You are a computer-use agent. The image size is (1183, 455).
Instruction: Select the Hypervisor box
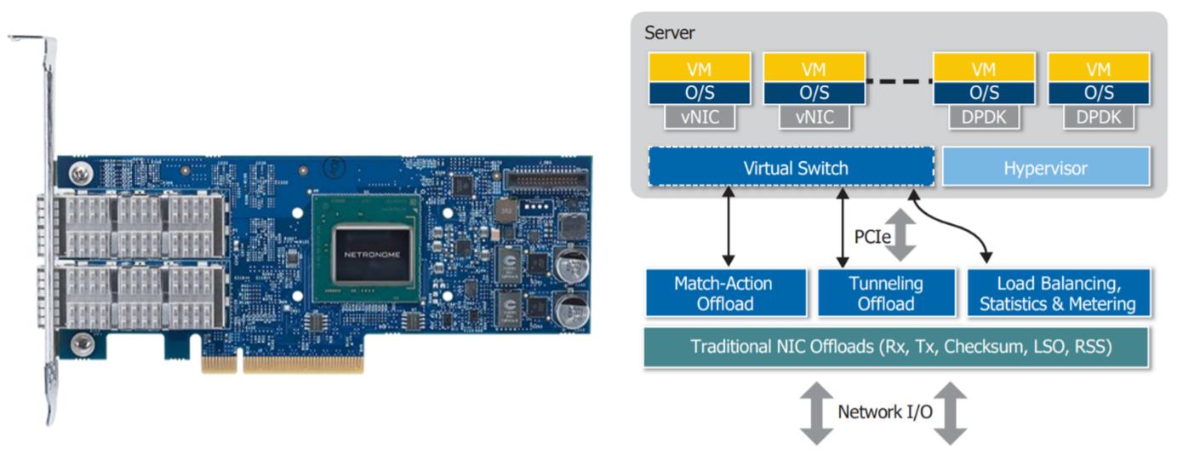click(1046, 168)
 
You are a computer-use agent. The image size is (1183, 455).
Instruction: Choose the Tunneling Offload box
click(886, 292)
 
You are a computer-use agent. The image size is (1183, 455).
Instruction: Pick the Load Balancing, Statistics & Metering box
click(1057, 292)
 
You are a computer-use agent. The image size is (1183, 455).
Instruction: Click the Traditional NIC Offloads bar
click(895, 348)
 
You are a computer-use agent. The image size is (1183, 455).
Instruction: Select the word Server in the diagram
click(670, 33)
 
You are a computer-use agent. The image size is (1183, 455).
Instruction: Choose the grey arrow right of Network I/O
click(952, 412)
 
